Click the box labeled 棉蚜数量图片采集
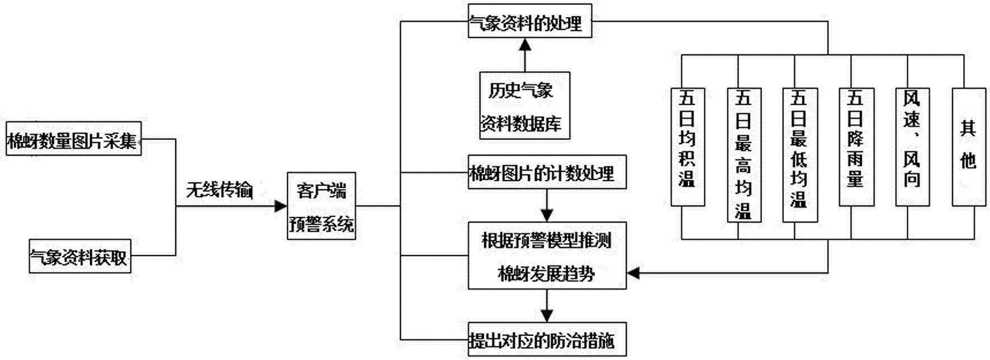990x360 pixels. coord(73,138)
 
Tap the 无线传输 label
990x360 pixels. coord(219,191)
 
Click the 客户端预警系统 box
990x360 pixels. coord(321,206)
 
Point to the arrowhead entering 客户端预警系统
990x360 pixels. coord(281,206)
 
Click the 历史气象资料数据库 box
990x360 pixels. coord(525,105)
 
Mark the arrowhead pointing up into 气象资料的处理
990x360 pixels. coord(525,45)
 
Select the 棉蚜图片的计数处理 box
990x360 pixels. coord(547,172)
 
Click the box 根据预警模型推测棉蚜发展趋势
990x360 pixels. coord(547,256)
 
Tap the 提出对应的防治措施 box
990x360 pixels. coord(547,340)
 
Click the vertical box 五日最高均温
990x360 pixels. coord(744,155)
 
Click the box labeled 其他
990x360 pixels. coord(968,147)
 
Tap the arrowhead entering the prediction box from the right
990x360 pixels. coord(633,273)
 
